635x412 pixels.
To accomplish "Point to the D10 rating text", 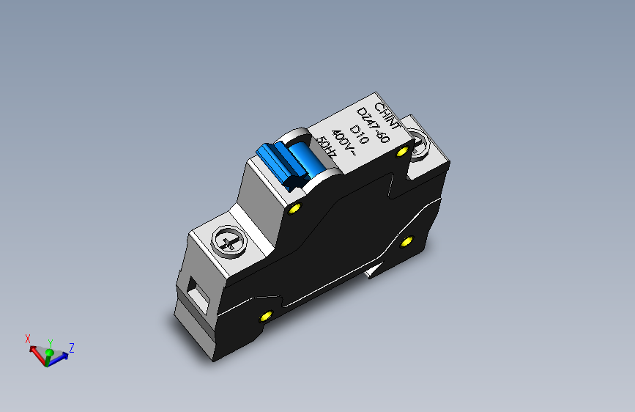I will click(x=358, y=134).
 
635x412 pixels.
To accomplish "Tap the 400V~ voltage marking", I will click(x=343, y=142).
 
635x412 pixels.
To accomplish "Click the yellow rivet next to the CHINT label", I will click(x=401, y=152).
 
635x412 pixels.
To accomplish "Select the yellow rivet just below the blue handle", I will click(x=295, y=210).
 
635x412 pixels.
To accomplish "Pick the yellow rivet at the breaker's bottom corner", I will click(x=265, y=317).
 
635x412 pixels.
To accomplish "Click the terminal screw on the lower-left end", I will click(x=228, y=242).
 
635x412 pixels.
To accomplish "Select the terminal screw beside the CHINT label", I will click(x=419, y=142).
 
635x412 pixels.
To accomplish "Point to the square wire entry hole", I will click(x=196, y=295).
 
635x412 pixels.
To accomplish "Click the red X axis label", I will click(x=28, y=338).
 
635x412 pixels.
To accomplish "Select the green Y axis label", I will click(x=50, y=342).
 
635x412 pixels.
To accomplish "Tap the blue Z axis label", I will click(x=71, y=347).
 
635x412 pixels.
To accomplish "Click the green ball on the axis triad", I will click(x=49, y=353).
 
